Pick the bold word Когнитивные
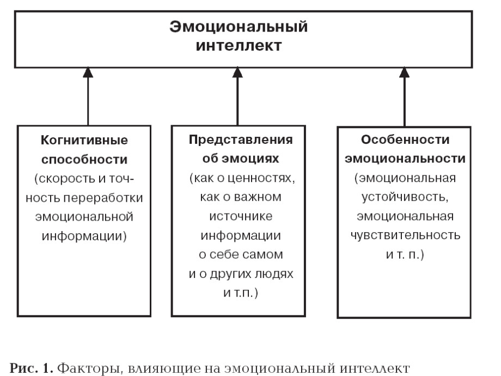pyautogui.click(x=84, y=140)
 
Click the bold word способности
pyautogui.click(x=84, y=160)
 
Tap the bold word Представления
pyautogui.click(x=241, y=140)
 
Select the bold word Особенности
pyautogui.click(x=405, y=140)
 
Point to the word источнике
pyautogui.click(x=241, y=216)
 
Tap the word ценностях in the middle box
pyautogui.click(x=261, y=178)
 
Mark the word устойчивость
pyautogui.click(x=405, y=197)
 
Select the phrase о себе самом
pyautogui.click(x=241, y=254)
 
